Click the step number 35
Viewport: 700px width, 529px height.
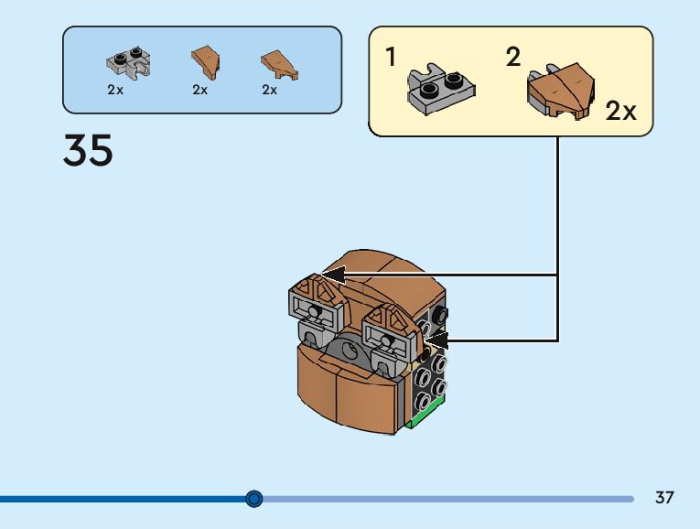pos(88,150)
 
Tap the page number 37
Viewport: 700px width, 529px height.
pos(664,497)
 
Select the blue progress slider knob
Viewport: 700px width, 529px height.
pos(254,499)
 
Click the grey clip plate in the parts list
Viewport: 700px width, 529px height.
pos(129,63)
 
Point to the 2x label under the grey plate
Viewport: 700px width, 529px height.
pos(115,90)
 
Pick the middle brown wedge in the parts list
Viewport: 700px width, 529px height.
pos(206,61)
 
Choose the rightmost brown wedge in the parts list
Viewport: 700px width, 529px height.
pos(279,65)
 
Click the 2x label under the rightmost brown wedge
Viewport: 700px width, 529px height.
pos(270,90)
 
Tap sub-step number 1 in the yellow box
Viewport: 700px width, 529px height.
pos(391,57)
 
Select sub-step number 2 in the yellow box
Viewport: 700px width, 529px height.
pos(513,57)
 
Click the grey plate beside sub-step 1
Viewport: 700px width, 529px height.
pos(441,89)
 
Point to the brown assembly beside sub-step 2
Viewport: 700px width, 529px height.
pos(561,91)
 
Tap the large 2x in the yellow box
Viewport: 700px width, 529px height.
pos(620,110)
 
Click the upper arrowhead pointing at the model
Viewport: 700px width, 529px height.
pos(334,275)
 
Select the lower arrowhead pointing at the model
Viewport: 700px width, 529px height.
pos(436,340)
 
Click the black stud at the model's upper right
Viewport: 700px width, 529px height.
pos(440,315)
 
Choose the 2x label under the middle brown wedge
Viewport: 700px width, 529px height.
pos(200,90)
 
